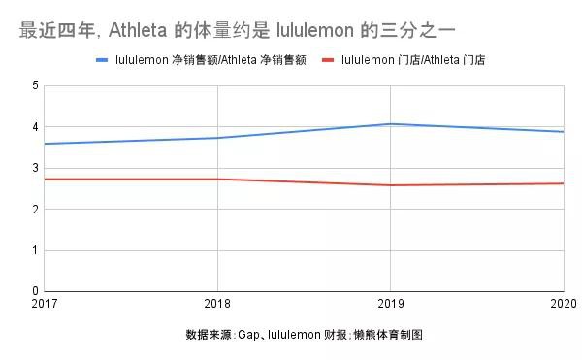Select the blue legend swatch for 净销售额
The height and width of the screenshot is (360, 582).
[103, 60]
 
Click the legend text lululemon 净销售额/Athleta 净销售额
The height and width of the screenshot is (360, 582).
[211, 60]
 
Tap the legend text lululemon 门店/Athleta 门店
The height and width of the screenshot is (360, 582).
[414, 60]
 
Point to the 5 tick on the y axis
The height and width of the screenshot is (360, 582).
[35, 86]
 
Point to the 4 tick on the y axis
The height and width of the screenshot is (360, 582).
[35, 127]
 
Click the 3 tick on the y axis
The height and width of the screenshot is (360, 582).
[35, 168]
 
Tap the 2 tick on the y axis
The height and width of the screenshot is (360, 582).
[35, 210]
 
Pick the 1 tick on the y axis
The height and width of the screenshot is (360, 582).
[35, 250]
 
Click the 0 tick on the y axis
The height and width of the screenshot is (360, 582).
[35, 291]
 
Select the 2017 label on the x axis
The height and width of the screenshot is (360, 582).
[44, 305]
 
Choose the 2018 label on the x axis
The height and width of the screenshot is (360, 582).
[216, 305]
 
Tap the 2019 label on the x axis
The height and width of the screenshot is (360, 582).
[390, 305]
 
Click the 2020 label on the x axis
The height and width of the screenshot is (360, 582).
[563, 305]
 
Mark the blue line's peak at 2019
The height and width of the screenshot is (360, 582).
[390, 124]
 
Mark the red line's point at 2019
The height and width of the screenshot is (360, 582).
[390, 185]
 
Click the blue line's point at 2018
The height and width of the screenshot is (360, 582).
[217, 138]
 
